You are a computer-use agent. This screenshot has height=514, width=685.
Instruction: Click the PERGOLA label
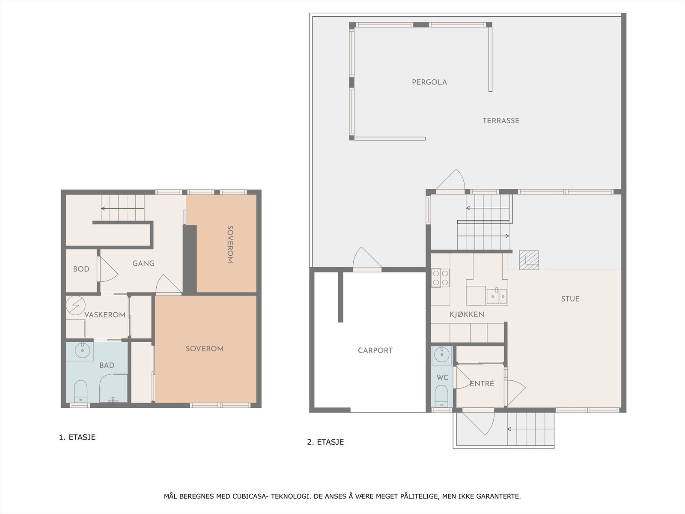point(429,82)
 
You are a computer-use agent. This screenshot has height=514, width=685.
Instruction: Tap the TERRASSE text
point(501,121)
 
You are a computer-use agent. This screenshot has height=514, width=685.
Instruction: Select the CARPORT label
point(375,350)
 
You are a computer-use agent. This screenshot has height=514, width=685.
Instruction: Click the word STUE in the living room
point(570,299)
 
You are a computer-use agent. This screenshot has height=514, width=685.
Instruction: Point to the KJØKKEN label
point(467,314)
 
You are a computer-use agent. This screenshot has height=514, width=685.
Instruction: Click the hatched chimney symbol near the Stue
point(529,260)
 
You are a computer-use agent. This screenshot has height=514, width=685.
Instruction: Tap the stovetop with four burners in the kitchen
point(441,278)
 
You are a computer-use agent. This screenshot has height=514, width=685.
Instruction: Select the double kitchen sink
point(497,296)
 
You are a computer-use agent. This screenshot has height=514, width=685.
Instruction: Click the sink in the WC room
point(441,354)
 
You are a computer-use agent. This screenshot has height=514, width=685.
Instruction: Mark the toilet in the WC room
point(441,396)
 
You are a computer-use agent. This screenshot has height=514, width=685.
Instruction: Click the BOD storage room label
point(81,269)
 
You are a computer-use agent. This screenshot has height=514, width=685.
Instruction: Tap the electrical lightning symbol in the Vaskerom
point(76,305)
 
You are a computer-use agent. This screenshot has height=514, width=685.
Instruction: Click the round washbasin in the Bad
point(82,350)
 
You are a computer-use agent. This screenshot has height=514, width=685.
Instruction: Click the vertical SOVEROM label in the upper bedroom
point(230,244)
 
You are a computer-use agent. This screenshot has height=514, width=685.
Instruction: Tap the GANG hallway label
point(143,263)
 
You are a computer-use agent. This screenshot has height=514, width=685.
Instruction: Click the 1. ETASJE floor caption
point(77,437)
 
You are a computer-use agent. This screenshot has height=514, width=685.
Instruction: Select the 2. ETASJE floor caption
point(325,442)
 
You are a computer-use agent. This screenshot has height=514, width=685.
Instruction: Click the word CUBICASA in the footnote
point(250,496)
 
